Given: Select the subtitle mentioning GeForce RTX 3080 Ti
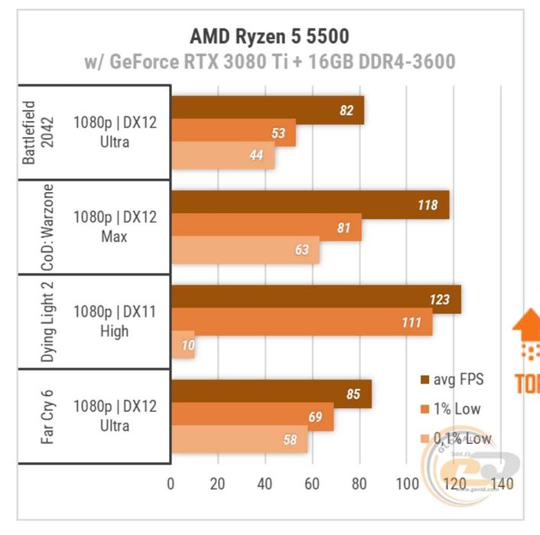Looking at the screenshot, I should (x=268, y=62).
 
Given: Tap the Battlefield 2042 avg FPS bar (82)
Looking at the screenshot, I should (x=267, y=110).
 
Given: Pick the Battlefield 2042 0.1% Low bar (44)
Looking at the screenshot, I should (x=223, y=156).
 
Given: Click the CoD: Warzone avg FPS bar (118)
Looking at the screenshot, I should (x=310, y=205).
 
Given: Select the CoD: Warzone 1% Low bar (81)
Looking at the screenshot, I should (x=266, y=227).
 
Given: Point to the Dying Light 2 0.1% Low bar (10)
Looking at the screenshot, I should (x=183, y=345).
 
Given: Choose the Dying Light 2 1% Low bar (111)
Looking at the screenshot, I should (x=301, y=322).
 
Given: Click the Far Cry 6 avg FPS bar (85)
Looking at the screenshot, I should (x=271, y=394).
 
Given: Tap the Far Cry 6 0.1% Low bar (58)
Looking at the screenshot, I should (x=239, y=440).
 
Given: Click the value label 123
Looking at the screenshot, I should (x=439, y=300).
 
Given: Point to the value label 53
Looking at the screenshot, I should (x=278, y=134).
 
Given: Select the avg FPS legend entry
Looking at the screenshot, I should (x=451, y=379).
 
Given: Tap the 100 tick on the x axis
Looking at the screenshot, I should (x=408, y=484).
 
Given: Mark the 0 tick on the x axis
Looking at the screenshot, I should (x=171, y=484).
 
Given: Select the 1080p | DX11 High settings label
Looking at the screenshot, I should (x=115, y=322).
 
